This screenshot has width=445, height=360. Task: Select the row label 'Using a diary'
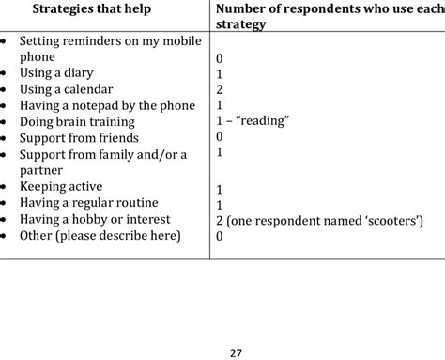click(x=56, y=73)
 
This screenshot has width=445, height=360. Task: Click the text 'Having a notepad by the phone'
click(x=107, y=105)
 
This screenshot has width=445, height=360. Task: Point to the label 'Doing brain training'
click(x=77, y=122)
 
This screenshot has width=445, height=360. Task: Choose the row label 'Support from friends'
click(x=79, y=138)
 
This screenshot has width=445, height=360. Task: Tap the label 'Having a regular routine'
click(x=88, y=203)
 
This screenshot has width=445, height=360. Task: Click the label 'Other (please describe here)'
click(x=100, y=235)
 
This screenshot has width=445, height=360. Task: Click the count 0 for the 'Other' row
click(x=219, y=236)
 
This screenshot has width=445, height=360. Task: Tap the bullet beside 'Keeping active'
click(x=7, y=187)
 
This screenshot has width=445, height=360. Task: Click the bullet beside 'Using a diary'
click(x=7, y=73)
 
